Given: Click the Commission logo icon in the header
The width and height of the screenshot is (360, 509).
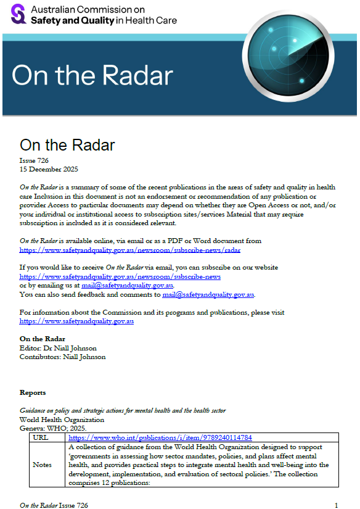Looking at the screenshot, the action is coord(18,14).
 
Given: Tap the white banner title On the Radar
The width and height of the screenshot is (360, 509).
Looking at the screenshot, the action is coord(92,76).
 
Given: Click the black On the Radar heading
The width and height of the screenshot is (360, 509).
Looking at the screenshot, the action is coord(67,145).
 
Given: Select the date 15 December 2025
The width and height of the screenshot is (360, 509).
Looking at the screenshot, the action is coord(49,169).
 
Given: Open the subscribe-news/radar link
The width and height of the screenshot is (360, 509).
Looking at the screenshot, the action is coord(129,250).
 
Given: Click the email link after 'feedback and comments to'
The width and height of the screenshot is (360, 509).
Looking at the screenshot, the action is coord(208,294).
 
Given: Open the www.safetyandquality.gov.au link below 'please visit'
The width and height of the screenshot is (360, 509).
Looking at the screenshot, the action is coord(76,321).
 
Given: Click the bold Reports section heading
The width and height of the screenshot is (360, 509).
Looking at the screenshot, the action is coord(33,392).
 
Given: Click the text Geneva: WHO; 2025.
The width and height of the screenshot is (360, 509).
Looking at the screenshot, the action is coord(53,428).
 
